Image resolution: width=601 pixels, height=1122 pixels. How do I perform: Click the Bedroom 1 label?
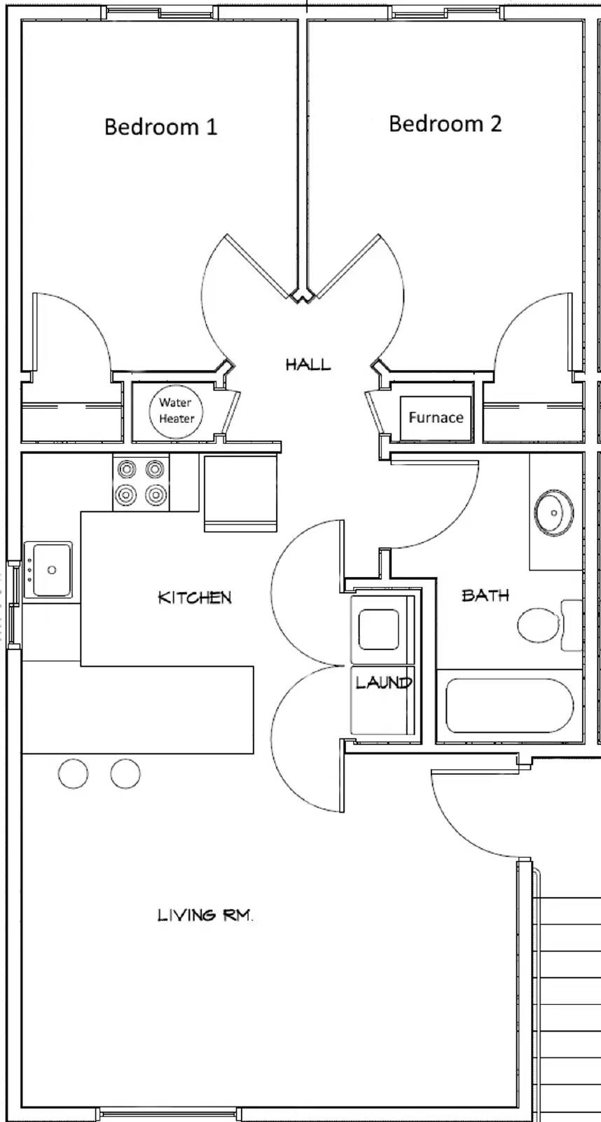pos(160,127)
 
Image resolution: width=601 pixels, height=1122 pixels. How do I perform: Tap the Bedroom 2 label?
pos(445,124)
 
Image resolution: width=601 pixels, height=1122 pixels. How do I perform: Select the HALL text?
pos(308,364)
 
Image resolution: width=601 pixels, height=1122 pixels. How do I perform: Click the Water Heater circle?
pos(176,411)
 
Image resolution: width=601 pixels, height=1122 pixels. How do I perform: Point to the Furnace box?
pos(436,418)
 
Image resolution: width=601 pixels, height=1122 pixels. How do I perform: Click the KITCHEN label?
pos(194,597)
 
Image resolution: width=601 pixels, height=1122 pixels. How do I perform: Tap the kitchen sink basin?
pos(49,569)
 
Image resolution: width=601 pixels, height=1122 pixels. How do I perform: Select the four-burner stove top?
pos(141,482)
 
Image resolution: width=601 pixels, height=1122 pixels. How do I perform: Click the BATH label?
pos(485,595)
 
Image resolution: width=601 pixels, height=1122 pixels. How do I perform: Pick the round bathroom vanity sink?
pos(553,513)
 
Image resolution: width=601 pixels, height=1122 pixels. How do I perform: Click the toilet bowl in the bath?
pos(539,625)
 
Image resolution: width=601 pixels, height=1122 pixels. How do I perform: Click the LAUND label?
pos(382,682)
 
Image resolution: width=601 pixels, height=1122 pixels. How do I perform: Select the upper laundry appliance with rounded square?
pos(379,628)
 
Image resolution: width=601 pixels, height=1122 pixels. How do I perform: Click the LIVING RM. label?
pos(205,915)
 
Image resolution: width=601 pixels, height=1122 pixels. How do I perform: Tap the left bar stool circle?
pos(73,773)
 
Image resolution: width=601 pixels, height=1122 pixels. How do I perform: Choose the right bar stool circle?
pos(125,773)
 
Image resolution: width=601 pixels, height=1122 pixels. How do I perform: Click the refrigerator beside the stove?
pos(240,493)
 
